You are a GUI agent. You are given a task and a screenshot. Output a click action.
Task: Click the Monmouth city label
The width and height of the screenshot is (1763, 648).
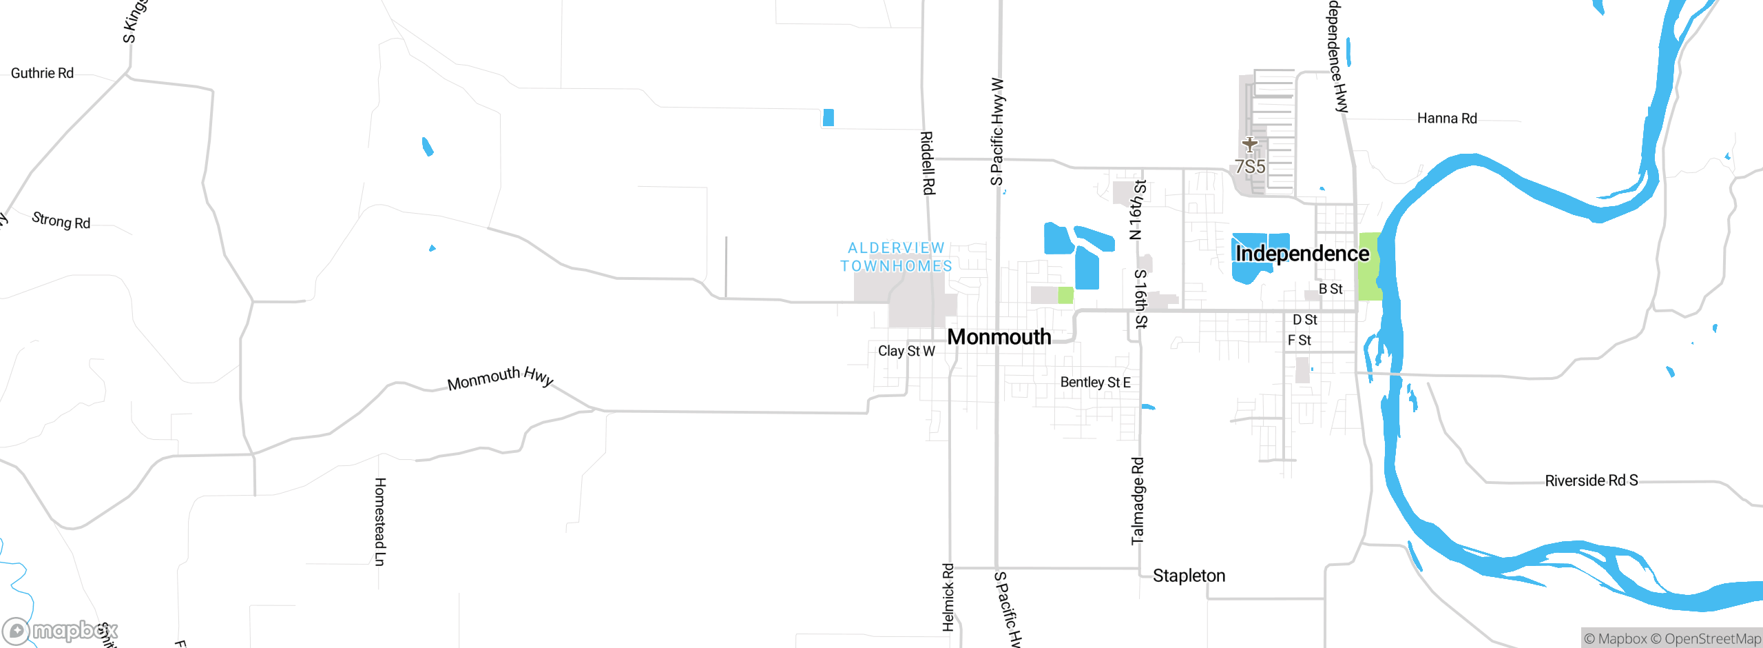click(x=999, y=337)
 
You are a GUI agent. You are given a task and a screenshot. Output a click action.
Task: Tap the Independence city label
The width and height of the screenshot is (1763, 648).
click(x=1302, y=254)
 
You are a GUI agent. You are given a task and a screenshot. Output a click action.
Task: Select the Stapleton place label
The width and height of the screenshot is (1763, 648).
click(x=1189, y=576)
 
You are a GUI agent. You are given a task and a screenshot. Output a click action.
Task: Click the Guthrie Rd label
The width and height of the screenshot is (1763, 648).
click(x=42, y=73)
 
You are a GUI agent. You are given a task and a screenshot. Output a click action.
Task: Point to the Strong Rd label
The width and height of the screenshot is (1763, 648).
click(x=61, y=221)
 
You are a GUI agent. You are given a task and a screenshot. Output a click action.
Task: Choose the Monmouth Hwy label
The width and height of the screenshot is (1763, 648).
click(x=500, y=378)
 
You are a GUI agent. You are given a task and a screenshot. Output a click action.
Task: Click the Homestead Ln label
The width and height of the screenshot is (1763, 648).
click(x=379, y=521)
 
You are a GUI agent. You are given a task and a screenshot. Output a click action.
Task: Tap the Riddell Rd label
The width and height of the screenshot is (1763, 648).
click(x=928, y=163)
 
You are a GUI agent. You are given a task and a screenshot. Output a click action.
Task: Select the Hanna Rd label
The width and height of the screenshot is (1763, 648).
click(x=1447, y=119)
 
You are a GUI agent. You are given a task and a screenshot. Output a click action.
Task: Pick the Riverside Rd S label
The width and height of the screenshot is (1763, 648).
click(x=1591, y=480)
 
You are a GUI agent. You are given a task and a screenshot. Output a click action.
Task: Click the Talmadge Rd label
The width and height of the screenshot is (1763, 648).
click(x=1138, y=500)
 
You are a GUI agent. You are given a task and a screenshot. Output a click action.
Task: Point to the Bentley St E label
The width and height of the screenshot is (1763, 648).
click(x=1095, y=382)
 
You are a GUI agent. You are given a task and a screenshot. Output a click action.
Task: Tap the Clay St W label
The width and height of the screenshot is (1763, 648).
click(x=906, y=351)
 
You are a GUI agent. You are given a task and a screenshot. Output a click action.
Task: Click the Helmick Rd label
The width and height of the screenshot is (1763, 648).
click(x=948, y=597)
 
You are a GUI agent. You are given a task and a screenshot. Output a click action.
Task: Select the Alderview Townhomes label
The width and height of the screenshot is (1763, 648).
click(x=896, y=257)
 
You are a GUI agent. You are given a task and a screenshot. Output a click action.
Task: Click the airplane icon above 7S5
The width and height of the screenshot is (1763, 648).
click(x=1250, y=145)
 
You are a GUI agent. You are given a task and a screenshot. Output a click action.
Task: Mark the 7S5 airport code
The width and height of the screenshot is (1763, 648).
click(x=1250, y=167)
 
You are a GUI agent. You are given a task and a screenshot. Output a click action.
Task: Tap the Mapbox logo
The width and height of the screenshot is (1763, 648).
click(x=60, y=630)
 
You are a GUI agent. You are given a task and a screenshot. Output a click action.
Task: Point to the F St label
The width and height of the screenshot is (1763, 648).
click(x=1299, y=341)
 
